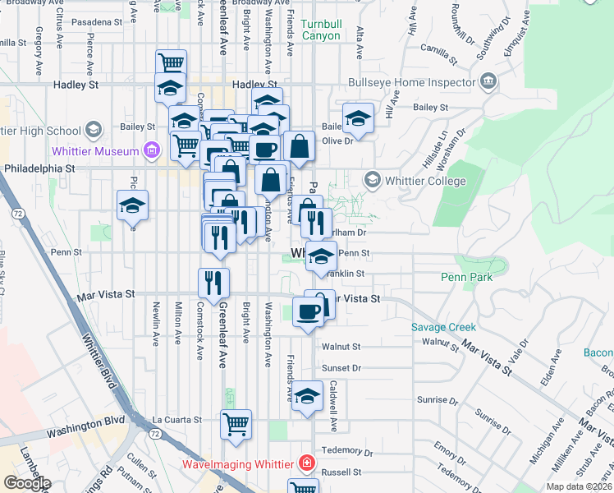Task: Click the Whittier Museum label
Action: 95,151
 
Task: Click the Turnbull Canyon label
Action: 321,30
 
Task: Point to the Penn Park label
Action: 466,277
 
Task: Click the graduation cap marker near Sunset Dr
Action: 307,397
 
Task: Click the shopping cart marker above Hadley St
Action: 171,63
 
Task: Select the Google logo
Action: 26,483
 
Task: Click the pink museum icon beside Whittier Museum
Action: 151,150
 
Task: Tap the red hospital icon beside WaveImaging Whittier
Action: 306,463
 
